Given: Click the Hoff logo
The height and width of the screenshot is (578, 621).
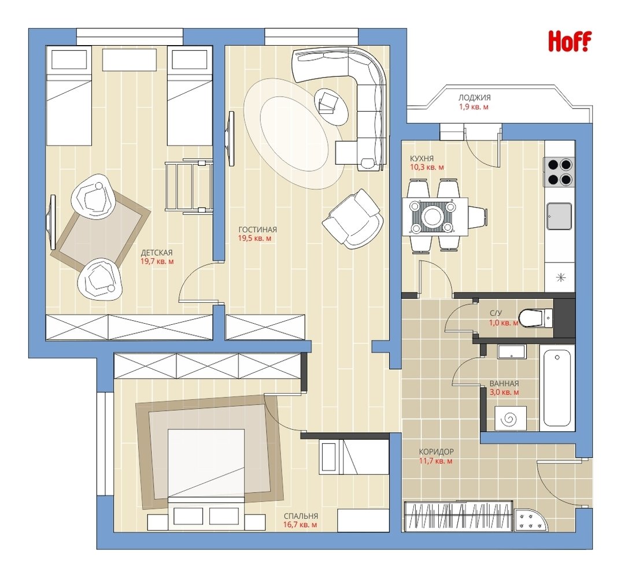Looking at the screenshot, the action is click(x=569, y=41).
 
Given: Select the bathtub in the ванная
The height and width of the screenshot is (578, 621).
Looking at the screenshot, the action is click(x=559, y=388).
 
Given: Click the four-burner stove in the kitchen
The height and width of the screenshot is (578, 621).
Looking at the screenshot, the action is click(x=559, y=172).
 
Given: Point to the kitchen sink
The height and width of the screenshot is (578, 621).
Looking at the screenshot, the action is click(x=559, y=216).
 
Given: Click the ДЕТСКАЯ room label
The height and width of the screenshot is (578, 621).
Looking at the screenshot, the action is click(x=157, y=253).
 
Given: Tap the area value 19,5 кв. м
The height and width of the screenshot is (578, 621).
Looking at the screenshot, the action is click(x=254, y=239).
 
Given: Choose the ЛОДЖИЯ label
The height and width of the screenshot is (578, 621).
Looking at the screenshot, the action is click(x=475, y=97).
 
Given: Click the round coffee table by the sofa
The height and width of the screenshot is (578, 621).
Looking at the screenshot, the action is click(x=331, y=105).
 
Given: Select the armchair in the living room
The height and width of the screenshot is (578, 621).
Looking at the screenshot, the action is click(x=353, y=219).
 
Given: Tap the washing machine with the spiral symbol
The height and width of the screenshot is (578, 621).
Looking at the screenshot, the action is click(x=510, y=418).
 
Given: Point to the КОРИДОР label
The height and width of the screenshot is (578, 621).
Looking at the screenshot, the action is click(x=437, y=452).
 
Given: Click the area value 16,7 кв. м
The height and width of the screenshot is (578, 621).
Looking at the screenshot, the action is click(x=300, y=525).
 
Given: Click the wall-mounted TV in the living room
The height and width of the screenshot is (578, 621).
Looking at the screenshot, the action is click(x=230, y=139).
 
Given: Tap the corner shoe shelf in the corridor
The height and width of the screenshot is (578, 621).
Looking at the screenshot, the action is click(x=531, y=520).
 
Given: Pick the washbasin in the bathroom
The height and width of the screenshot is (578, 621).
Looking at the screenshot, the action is click(x=511, y=351).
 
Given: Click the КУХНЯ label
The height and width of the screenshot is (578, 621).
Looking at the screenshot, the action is click(x=422, y=159).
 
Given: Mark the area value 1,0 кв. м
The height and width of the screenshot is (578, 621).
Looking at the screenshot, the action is click(x=504, y=323).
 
